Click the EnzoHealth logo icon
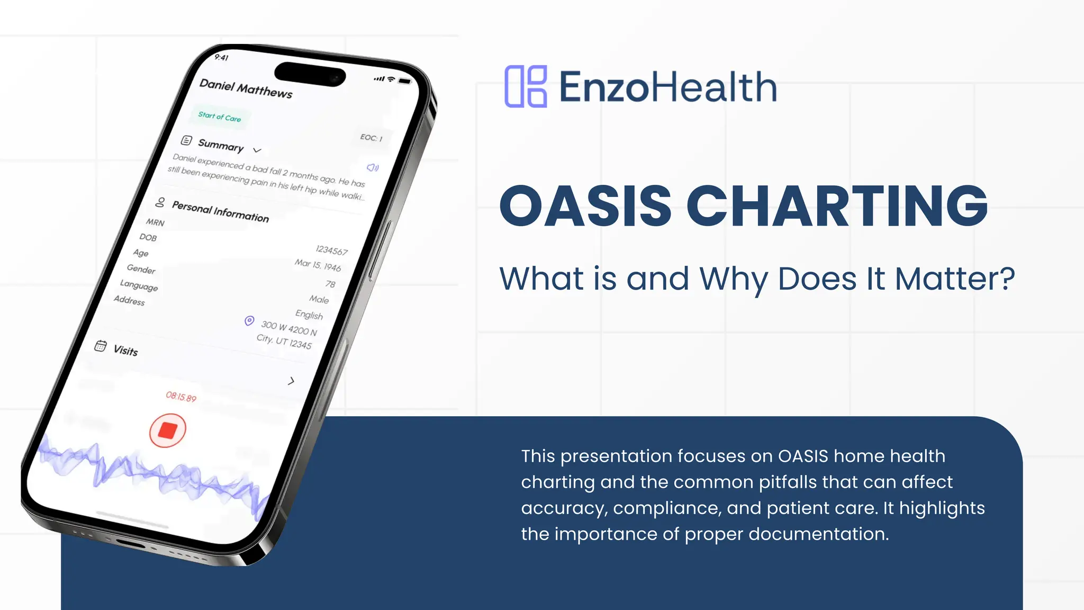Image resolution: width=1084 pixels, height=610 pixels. [x=526, y=87]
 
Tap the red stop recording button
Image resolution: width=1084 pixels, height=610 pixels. [x=167, y=430]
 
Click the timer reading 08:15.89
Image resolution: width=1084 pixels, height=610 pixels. [x=181, y=397]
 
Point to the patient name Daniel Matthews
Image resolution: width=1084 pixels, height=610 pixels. [x=246, y=89]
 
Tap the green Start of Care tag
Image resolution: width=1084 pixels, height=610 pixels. [x=220, y=116]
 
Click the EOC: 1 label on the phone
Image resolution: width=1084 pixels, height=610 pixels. [x=371, y=138]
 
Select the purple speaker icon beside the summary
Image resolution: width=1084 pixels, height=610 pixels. [x=373, y=168]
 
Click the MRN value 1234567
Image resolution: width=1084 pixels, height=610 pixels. [x=331, y=250]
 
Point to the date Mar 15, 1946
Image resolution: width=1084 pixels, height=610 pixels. [x=318, y=265]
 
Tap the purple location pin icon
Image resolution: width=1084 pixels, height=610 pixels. [x=249, y=321]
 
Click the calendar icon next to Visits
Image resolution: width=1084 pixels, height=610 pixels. [x=101, y=346]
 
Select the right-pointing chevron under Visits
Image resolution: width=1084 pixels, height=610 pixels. [x=291, y=381]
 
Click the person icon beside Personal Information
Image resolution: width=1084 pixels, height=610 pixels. [x=160, y=202]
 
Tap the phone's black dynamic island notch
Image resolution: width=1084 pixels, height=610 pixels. [x=310, y=74]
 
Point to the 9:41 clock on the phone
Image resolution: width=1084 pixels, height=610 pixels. [x=221, y=57]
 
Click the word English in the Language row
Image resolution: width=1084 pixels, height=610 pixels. [x=309, y=315]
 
